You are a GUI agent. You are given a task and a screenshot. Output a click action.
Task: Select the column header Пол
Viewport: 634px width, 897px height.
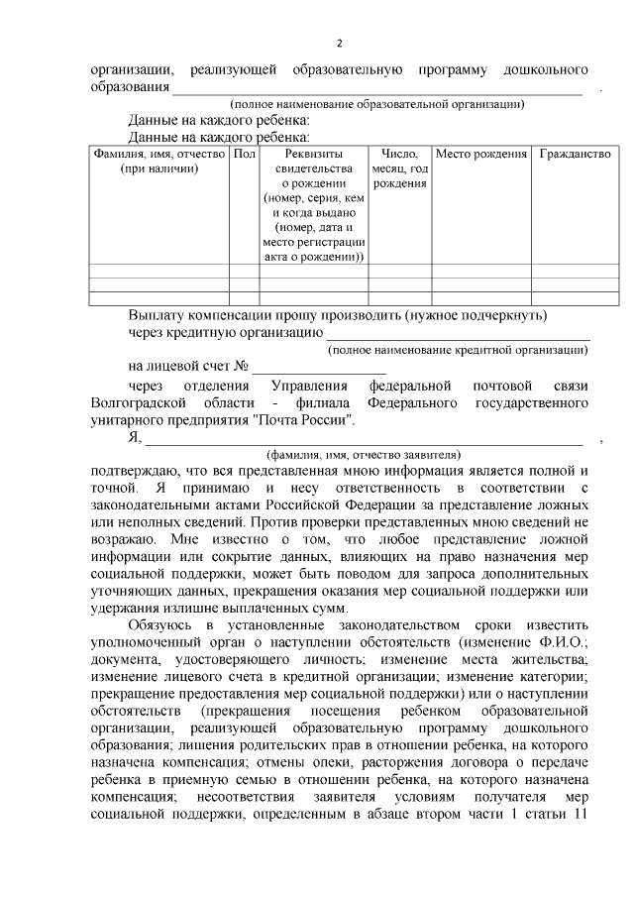tap(245, 155)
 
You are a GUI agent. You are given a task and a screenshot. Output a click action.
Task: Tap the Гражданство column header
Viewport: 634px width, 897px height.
tap(575, 155)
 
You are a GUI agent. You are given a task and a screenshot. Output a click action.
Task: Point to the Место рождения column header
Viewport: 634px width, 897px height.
tap(481, 155)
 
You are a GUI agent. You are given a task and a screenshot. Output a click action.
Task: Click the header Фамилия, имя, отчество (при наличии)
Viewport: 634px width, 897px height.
tap(158, 162)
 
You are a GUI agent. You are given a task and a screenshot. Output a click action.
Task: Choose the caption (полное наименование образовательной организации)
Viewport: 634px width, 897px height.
tap(377, 104)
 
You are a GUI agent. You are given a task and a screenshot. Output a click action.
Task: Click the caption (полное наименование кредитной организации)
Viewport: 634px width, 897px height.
tap(459, 350)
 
